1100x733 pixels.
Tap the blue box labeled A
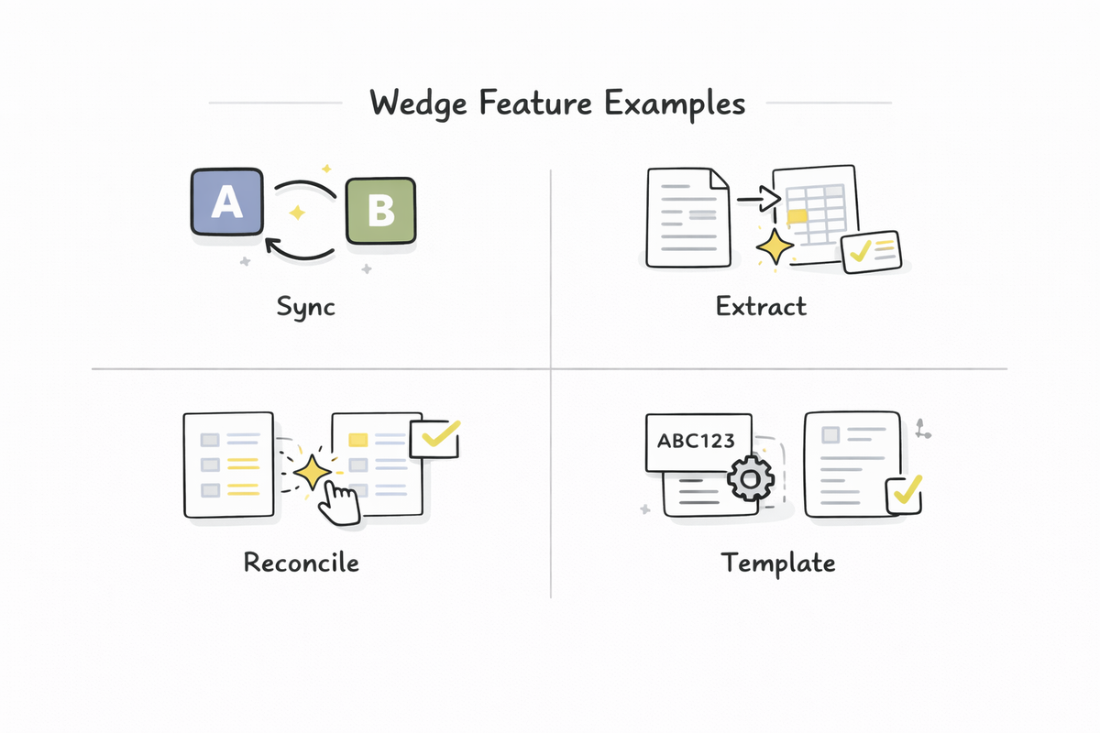227,203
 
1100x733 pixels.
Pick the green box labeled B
380,211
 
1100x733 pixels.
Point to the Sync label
306,305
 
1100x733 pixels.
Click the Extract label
761,305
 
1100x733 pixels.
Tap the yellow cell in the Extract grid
797,216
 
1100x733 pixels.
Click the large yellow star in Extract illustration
775,246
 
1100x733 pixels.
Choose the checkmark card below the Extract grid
872,250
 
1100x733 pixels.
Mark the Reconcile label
301,562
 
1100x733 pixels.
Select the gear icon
750,477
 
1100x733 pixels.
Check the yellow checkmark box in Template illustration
904,495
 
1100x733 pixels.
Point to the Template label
777,562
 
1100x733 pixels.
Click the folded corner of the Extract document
719,180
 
